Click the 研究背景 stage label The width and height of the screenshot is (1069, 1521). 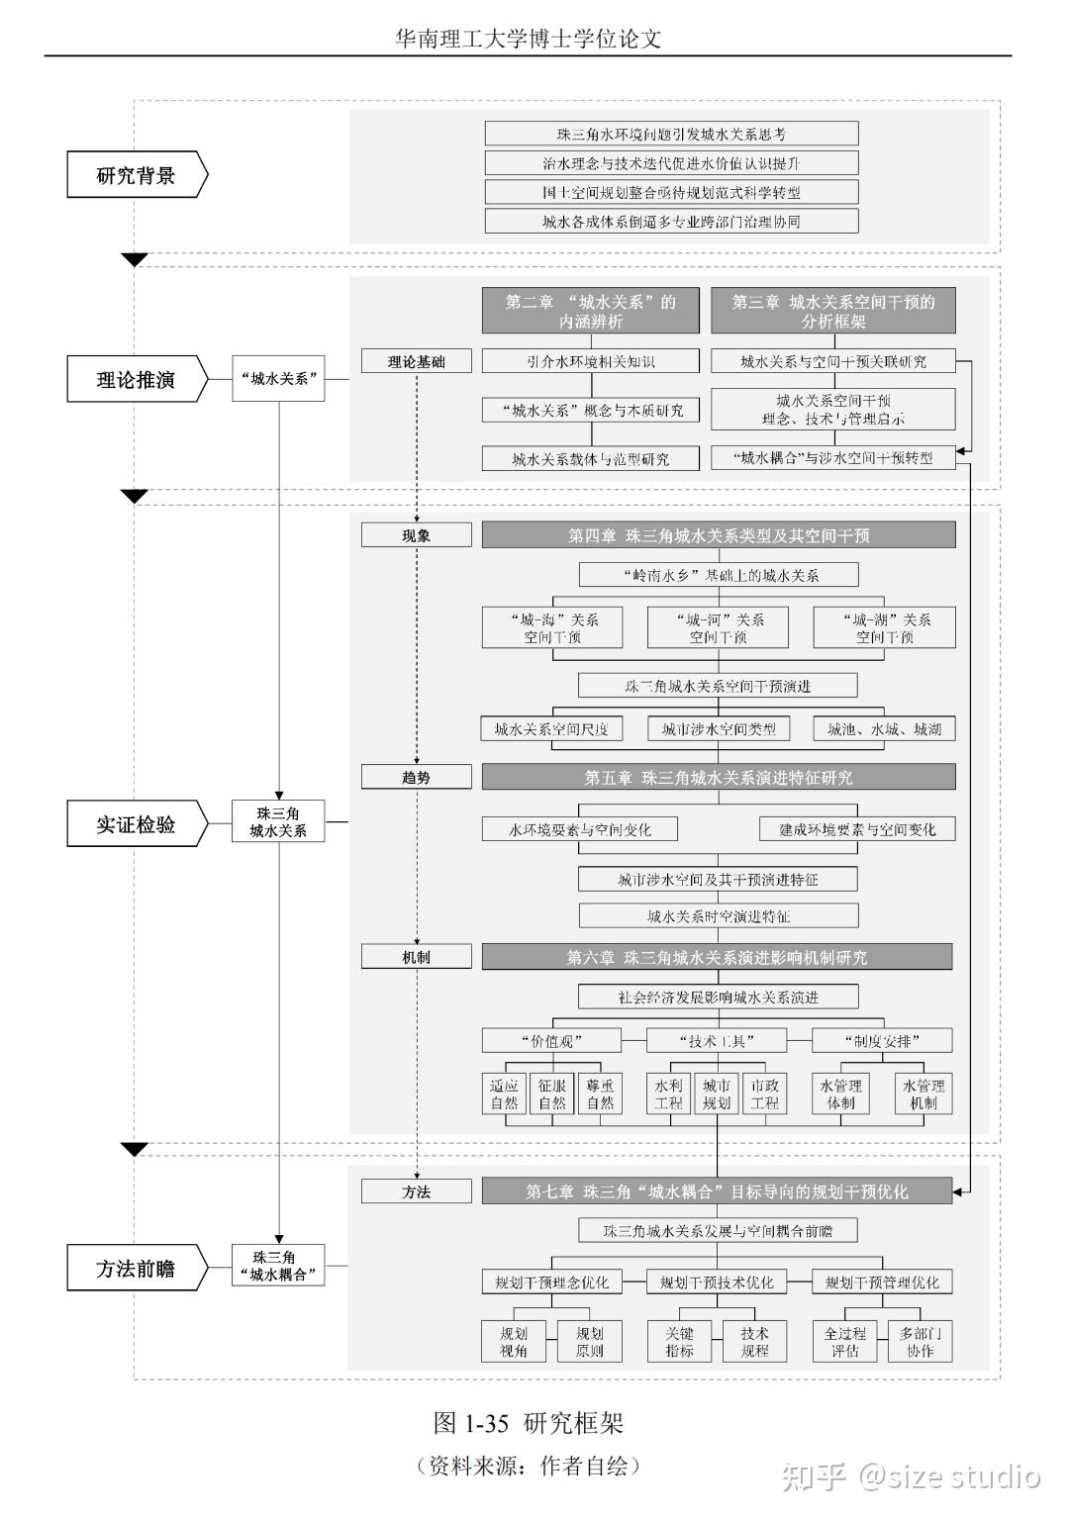point(137,176)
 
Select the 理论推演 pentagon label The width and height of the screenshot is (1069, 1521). point(137,380)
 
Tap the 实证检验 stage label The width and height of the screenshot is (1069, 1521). point(137,823)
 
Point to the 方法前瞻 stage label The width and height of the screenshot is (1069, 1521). point(137,1268)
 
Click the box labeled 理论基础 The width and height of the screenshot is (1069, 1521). point(416,361)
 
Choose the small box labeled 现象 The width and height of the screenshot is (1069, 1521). point(416,535)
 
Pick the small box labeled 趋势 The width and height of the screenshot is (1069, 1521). point(416,777)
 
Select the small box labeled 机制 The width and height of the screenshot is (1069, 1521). point(416,957)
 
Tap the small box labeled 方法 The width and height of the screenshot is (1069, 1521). point(416,1191)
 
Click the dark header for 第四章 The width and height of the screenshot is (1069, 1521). point(719,535)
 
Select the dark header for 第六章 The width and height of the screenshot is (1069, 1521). point(717,957)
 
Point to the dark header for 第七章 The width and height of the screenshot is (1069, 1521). point(717,1191)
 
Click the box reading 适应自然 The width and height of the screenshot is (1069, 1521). point(504,1093)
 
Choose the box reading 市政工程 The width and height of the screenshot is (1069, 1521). point(764,1093)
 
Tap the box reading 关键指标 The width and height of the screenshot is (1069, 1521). point(679,1341)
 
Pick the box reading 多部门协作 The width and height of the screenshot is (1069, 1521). point(920,1341)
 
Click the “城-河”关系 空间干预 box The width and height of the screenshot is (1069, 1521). point(719,628)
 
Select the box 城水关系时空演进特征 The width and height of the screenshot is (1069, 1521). point(719,916)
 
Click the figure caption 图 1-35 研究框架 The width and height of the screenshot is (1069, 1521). point(529,1423)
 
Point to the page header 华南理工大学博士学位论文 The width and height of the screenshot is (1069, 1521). point(528,39)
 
